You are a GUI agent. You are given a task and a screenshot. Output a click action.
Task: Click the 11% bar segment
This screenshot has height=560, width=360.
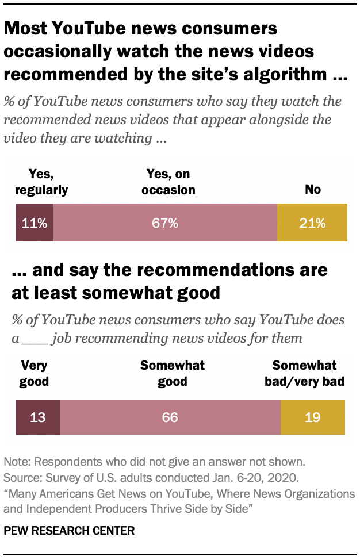[35, 223]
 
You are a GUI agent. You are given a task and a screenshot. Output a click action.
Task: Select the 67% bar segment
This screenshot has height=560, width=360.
[165, 223]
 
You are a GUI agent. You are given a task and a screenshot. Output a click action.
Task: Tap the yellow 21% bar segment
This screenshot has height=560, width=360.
[312, 223]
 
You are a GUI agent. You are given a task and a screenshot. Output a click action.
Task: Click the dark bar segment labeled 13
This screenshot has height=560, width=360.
[37, 417]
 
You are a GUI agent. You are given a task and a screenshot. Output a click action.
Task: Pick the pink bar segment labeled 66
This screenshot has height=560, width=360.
[170, 417]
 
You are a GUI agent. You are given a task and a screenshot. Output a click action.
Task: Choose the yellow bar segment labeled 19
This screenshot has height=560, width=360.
[312, 417]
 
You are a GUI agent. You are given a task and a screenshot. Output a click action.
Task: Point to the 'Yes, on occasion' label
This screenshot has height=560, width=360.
[167, 182]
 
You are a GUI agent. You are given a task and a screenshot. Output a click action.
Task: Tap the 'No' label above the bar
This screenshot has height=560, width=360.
[313, 189]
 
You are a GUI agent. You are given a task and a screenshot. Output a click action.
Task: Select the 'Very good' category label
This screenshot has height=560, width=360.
[34, 373]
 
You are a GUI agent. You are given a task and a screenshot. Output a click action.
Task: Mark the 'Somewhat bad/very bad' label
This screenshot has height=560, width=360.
[309, 373]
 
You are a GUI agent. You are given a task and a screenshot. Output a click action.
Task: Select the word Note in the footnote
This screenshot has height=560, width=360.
[16, 462]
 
